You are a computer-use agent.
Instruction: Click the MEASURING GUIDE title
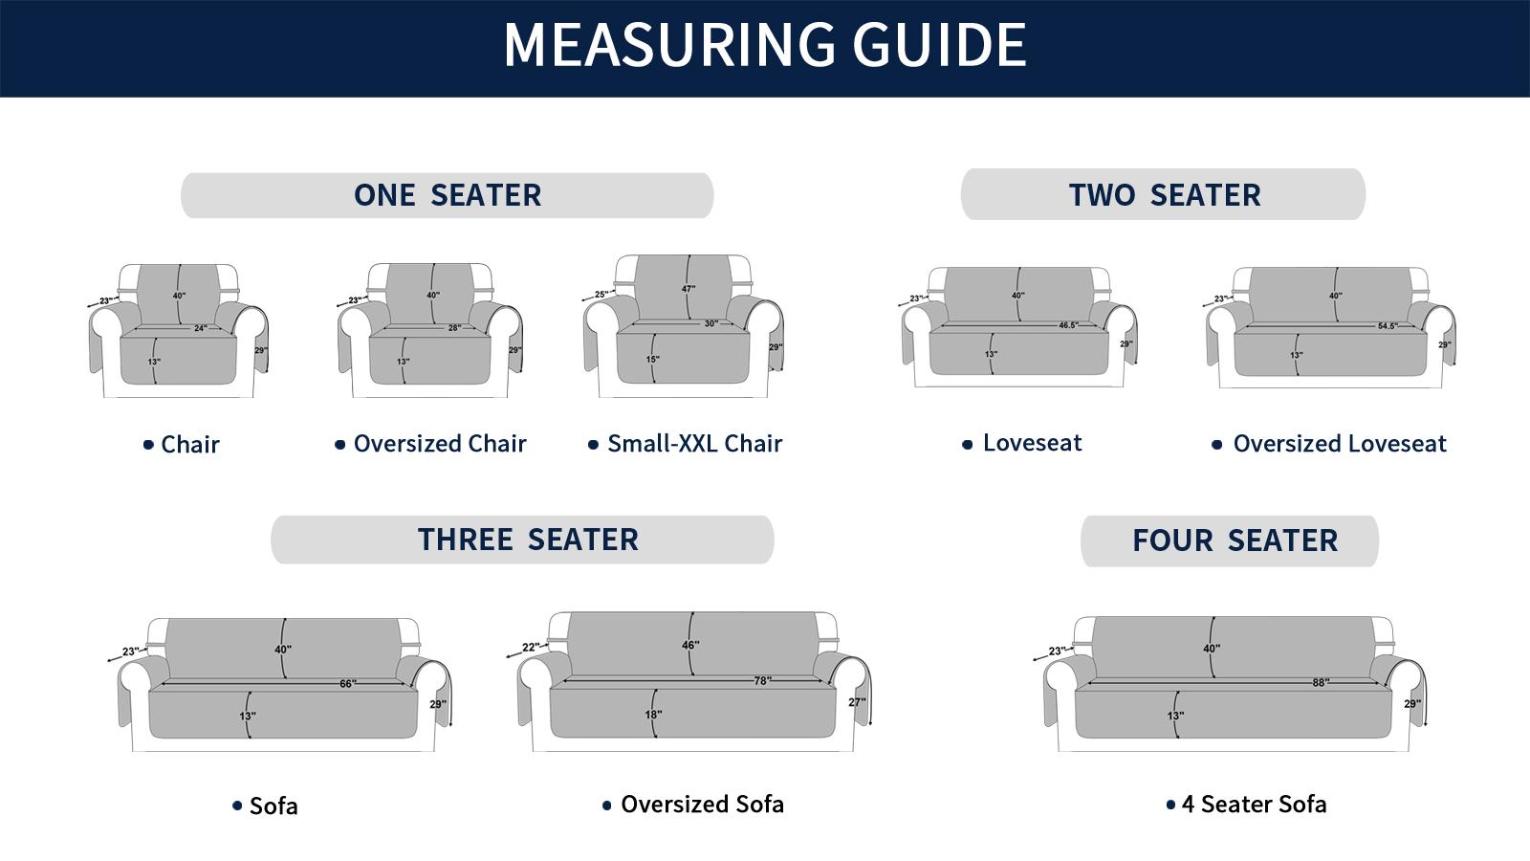tap(765, 45)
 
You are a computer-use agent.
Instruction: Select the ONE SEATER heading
tap(448, 195)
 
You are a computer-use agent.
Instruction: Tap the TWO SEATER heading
tap(1165, 195)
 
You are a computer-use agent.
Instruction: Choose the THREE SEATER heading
tap(528, 540)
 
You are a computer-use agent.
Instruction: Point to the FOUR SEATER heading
tap(1235, 541)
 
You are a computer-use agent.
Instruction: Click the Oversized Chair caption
tap(440, 444)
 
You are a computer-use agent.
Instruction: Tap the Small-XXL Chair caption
tap(694, 444)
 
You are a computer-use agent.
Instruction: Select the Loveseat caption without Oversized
tap(1032, 443)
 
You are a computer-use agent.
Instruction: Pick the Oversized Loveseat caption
tap(1340, 444)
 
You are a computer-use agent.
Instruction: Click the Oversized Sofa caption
tap(702, 805)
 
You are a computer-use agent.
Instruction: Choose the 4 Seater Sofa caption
tap(1254, 805)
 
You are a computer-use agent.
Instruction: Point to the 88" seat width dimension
tap(1321, 683)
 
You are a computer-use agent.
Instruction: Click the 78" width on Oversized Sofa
tap(762, 680)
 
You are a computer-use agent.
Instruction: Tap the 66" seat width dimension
tap(348, 684)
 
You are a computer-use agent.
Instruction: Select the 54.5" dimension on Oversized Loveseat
tap(1388, 326)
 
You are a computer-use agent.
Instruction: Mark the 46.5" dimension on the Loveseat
tap(1068, 325)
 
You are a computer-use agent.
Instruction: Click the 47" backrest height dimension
tap(688, 289)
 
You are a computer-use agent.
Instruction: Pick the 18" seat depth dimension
tap(653, 715)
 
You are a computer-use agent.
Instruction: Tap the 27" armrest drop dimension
tap(857, 702)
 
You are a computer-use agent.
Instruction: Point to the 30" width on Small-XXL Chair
tap(711, 324)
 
